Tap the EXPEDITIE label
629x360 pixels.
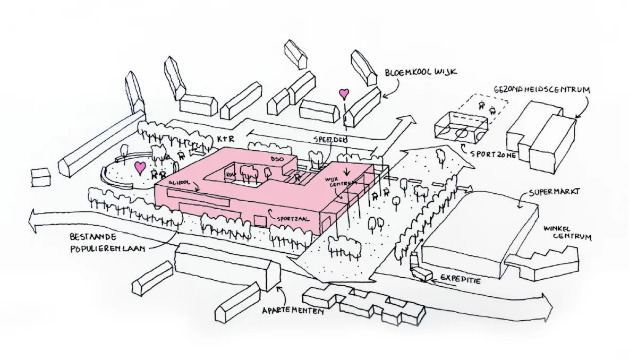point(460,279)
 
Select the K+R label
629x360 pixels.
point(226,139)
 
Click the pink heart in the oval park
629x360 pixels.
point(140,168)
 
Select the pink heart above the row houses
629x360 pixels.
point(344,94)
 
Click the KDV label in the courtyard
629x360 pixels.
point(231,175)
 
